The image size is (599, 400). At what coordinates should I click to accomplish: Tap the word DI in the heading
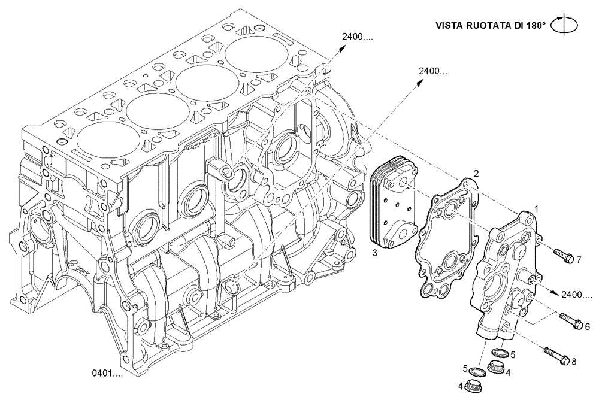(520, 26)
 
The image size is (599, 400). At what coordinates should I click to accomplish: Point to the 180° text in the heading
(537, 26)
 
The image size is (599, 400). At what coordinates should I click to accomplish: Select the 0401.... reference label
(107, 373)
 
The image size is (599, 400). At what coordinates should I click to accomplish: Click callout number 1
(537, 209)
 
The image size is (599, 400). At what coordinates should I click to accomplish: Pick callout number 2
(476, 174)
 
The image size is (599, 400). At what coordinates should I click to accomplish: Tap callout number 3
(374, 253)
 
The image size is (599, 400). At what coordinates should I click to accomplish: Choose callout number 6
(588, 326)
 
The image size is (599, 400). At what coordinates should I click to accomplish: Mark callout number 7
(579, 259)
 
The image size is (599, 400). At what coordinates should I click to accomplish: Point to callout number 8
(574, 362)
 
